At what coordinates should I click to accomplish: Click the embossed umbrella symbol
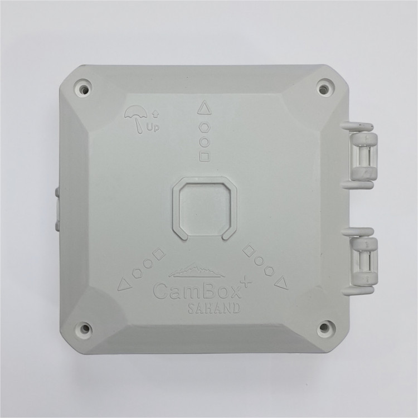(x=136, y=119)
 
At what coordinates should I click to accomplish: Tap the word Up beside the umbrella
(x=153, y=127)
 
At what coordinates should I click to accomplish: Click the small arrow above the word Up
(x=155, y=115)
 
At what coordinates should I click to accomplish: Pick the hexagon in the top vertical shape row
(x=205, y=128)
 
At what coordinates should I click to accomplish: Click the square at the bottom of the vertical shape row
(x=205, y=156)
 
